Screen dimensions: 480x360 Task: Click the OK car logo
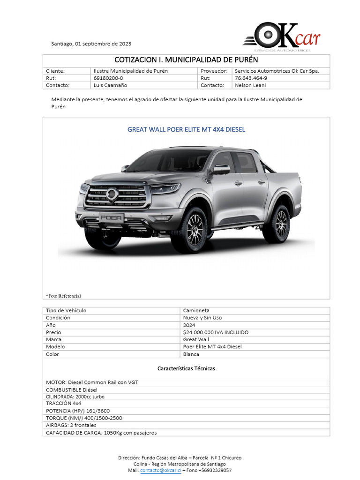[281, 36]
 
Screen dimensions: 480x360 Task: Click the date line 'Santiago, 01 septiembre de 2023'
[91, 44]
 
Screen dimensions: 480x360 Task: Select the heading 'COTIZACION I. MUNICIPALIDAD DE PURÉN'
[186, 60]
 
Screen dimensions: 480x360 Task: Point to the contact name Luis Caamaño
[110, 85]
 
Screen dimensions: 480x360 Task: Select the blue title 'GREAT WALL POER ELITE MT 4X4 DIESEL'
[186, 129]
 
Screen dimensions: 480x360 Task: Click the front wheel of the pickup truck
[195, 229]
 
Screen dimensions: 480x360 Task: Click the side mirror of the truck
[221, 169]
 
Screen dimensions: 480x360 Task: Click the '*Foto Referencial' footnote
[63, 296]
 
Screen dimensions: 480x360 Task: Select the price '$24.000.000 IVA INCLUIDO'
[216, 332]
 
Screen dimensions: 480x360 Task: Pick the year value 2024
[189, 325]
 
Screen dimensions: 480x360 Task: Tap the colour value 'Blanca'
[191, 354]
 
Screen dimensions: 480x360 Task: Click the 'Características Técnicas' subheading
[186, 368]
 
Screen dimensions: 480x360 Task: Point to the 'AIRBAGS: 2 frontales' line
[71, 425]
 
